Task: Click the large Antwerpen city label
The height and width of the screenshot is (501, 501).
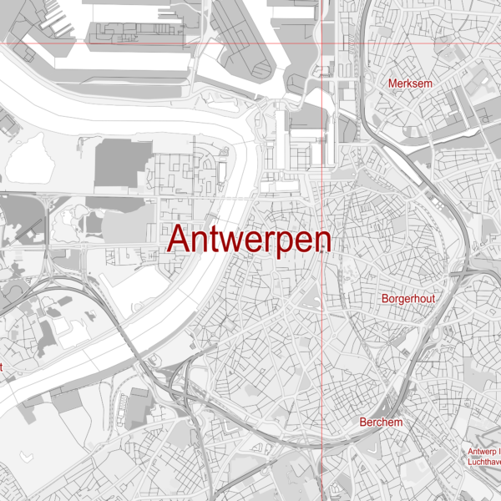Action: [x=250, y=240]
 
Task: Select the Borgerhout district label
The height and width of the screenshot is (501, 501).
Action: [x=408, y=298]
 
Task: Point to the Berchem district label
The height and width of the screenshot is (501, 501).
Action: [x=381, y=423]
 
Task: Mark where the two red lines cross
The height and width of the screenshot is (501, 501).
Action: [x=323, y=43]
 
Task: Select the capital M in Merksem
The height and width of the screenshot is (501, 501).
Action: [x=393, y=83]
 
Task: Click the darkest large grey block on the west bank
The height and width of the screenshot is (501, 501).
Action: [x=123, y=163]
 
